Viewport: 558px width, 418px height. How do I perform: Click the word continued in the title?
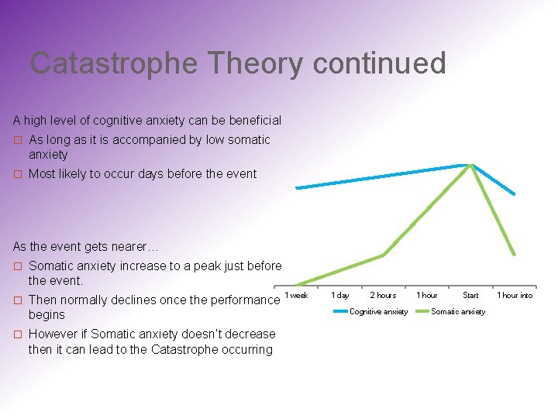point(379,63)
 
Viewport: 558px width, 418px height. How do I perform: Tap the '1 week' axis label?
point(296,295)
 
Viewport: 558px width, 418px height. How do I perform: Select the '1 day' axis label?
point(339,295)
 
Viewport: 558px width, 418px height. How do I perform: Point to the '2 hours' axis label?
point(383,295)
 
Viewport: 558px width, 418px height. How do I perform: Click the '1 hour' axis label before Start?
point(427,295)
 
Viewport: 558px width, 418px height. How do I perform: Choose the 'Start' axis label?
point(470,295)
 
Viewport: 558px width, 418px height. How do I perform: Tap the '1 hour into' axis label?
point(515,295)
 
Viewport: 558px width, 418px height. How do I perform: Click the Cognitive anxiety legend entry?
point(371,311)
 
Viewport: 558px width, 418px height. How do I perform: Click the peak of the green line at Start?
point(471,165)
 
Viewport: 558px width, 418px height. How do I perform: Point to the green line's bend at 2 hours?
point(383,255)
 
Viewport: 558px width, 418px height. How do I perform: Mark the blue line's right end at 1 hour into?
point(514,194)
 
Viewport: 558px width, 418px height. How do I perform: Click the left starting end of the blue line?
point(297,187)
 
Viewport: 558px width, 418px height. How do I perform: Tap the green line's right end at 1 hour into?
point(515,254)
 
